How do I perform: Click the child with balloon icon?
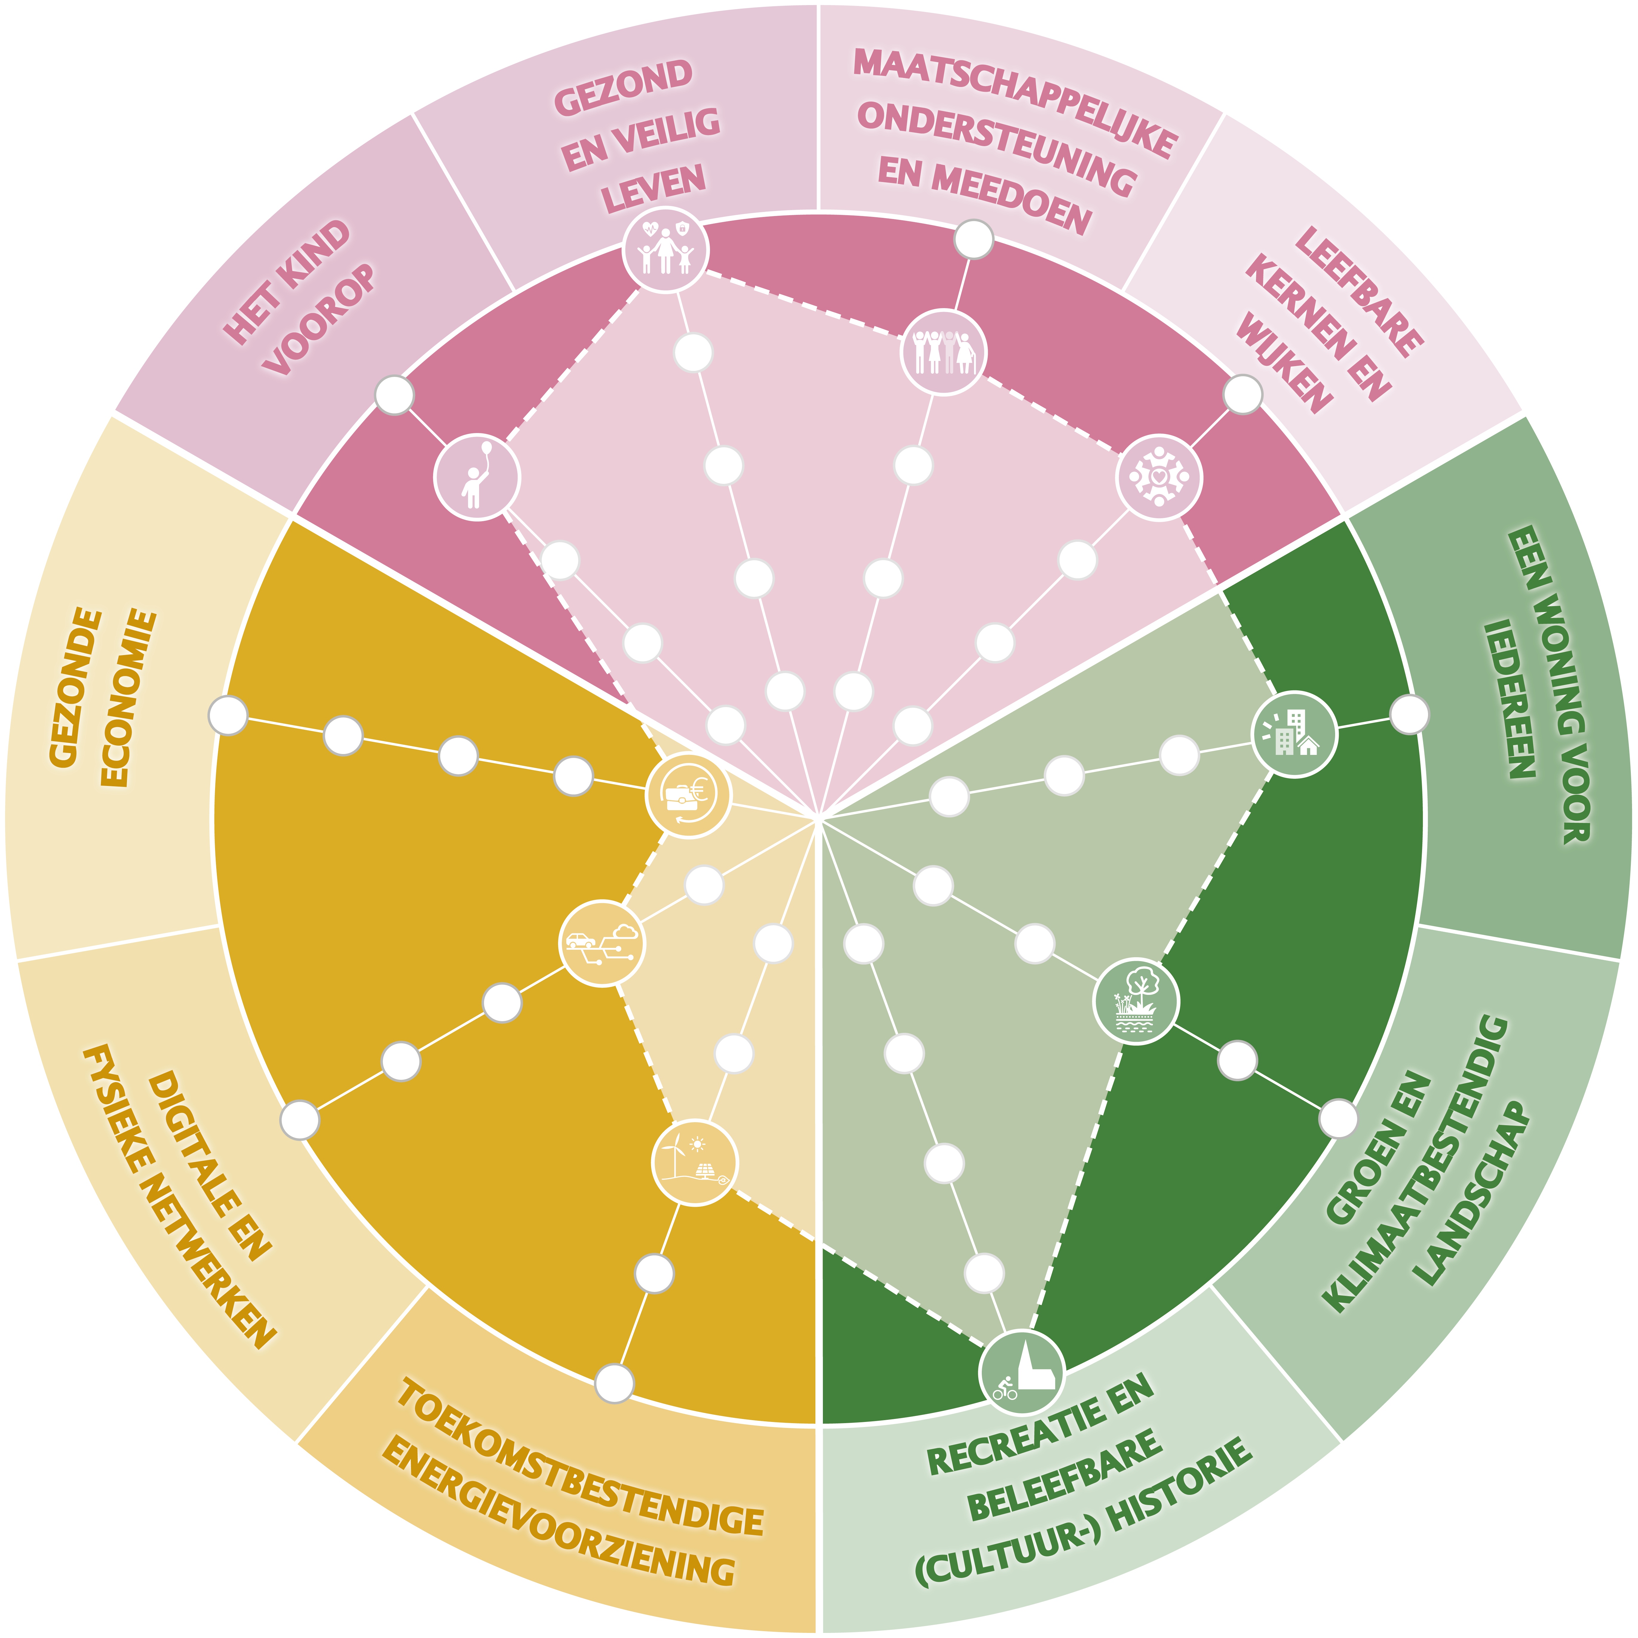(x=476, y=477)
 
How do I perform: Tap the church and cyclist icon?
(x=1022, y=1372)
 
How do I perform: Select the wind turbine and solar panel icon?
(x=694, y=1162)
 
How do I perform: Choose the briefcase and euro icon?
(x=688, y=796)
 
